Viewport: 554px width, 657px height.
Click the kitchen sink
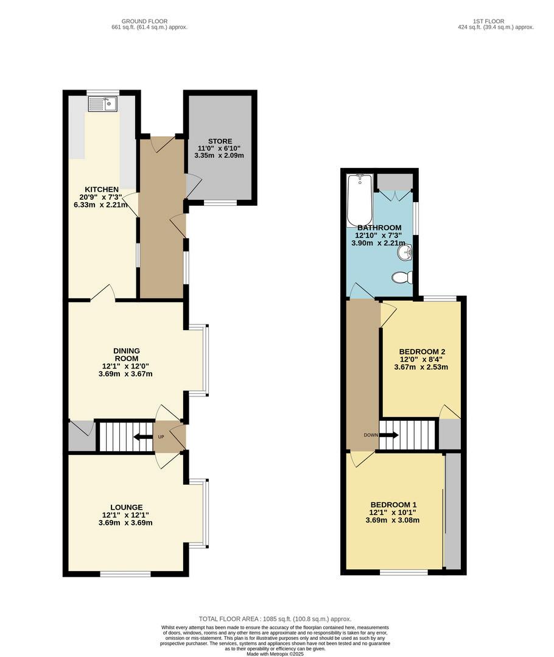pos(102,104)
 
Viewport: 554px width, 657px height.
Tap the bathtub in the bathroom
pos(360,200)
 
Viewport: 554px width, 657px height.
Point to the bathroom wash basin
pos(405,253)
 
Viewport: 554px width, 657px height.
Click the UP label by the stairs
pos(161,437)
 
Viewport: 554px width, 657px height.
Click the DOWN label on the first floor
pos(371,435)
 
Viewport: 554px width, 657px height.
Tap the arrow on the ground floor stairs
pos(143,437)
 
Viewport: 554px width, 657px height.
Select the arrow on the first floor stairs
pos(389,435)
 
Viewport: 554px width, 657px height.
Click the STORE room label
pos(220,141)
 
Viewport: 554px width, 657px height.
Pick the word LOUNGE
pos(127,507)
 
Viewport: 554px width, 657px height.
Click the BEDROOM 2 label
pos(422,352)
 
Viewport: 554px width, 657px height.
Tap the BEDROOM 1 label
pos(393,505)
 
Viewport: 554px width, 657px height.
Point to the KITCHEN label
pos(102,190)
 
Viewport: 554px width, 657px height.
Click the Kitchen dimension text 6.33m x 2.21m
pos(100,205)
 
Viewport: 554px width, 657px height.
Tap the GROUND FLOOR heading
pos(144,21)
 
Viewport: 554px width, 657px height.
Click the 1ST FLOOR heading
pos(489,21)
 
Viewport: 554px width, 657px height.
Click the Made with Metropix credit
pos(275,653)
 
